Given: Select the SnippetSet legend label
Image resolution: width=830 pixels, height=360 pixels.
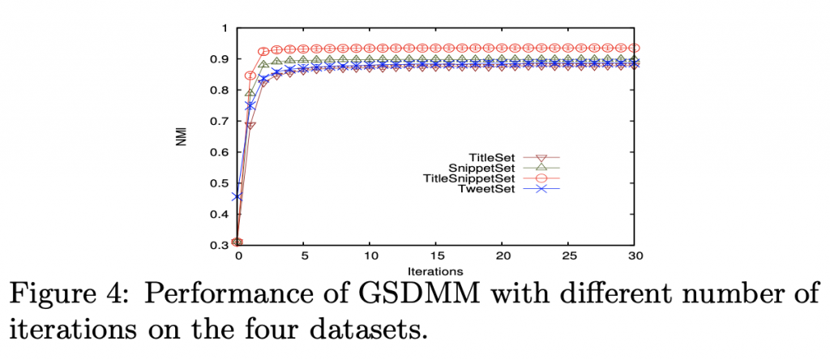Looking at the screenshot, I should click(486, 167).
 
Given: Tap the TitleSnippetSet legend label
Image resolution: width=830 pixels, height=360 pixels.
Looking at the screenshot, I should click(468, 178).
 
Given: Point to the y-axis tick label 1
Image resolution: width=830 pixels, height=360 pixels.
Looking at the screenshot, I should click(225, 28).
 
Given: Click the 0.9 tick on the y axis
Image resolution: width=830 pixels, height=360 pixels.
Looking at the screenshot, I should click(220, 59).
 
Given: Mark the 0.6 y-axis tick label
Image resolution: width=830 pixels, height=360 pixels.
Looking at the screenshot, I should click(220, 152).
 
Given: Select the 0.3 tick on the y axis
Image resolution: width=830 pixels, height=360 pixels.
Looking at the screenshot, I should click(220, 245).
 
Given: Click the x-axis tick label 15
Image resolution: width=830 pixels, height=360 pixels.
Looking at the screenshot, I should click(436, 256).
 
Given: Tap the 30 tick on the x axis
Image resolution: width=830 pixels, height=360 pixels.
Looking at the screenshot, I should click(635, 256).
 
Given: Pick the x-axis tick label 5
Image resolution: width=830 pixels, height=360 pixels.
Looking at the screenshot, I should click(303, 256).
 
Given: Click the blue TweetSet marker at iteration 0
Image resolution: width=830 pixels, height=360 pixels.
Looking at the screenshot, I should click(237, 196).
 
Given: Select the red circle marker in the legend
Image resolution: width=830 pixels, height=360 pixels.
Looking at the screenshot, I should click(542, 178).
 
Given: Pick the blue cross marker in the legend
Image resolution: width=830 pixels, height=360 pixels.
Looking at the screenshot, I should click(542, 190).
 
